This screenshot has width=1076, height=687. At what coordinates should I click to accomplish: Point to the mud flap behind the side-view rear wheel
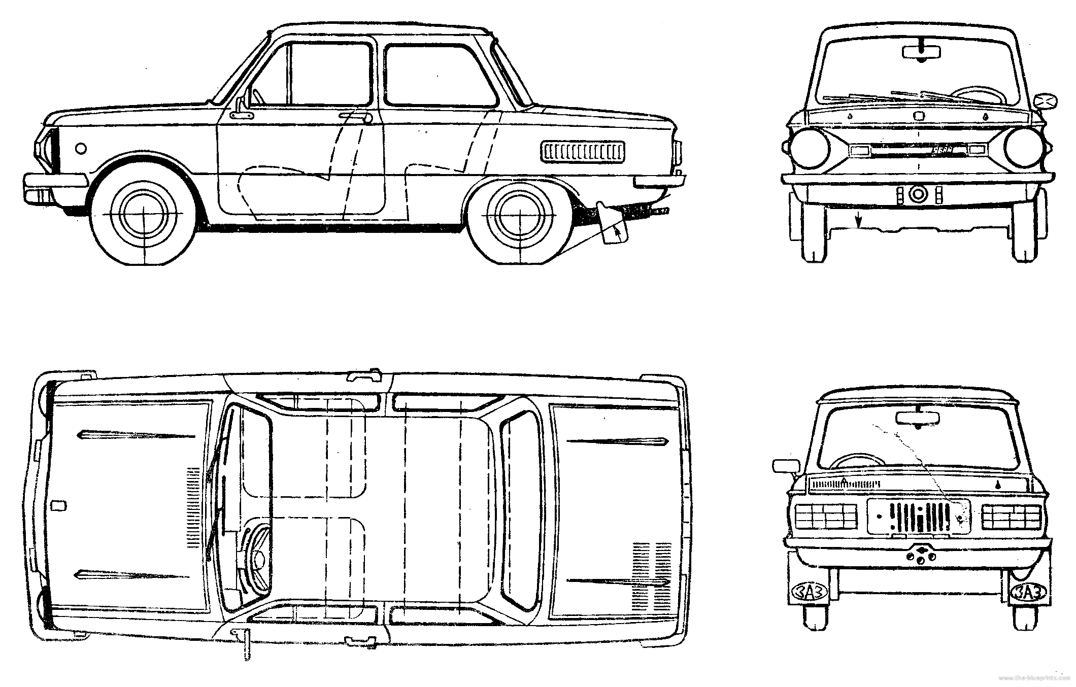613,224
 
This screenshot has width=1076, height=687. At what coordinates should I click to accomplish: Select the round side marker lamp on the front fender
80,148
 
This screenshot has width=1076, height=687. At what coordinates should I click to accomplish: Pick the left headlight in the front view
811,149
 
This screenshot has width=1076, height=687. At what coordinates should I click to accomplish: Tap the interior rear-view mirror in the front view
921,52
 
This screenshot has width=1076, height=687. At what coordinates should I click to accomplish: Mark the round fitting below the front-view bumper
918,193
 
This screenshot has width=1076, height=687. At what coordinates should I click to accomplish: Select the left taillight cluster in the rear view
826,517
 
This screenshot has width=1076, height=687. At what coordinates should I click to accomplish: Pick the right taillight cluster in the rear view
1012,517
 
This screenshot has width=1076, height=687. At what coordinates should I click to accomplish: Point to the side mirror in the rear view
785,465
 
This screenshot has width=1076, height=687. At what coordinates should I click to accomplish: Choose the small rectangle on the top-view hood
58,505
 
